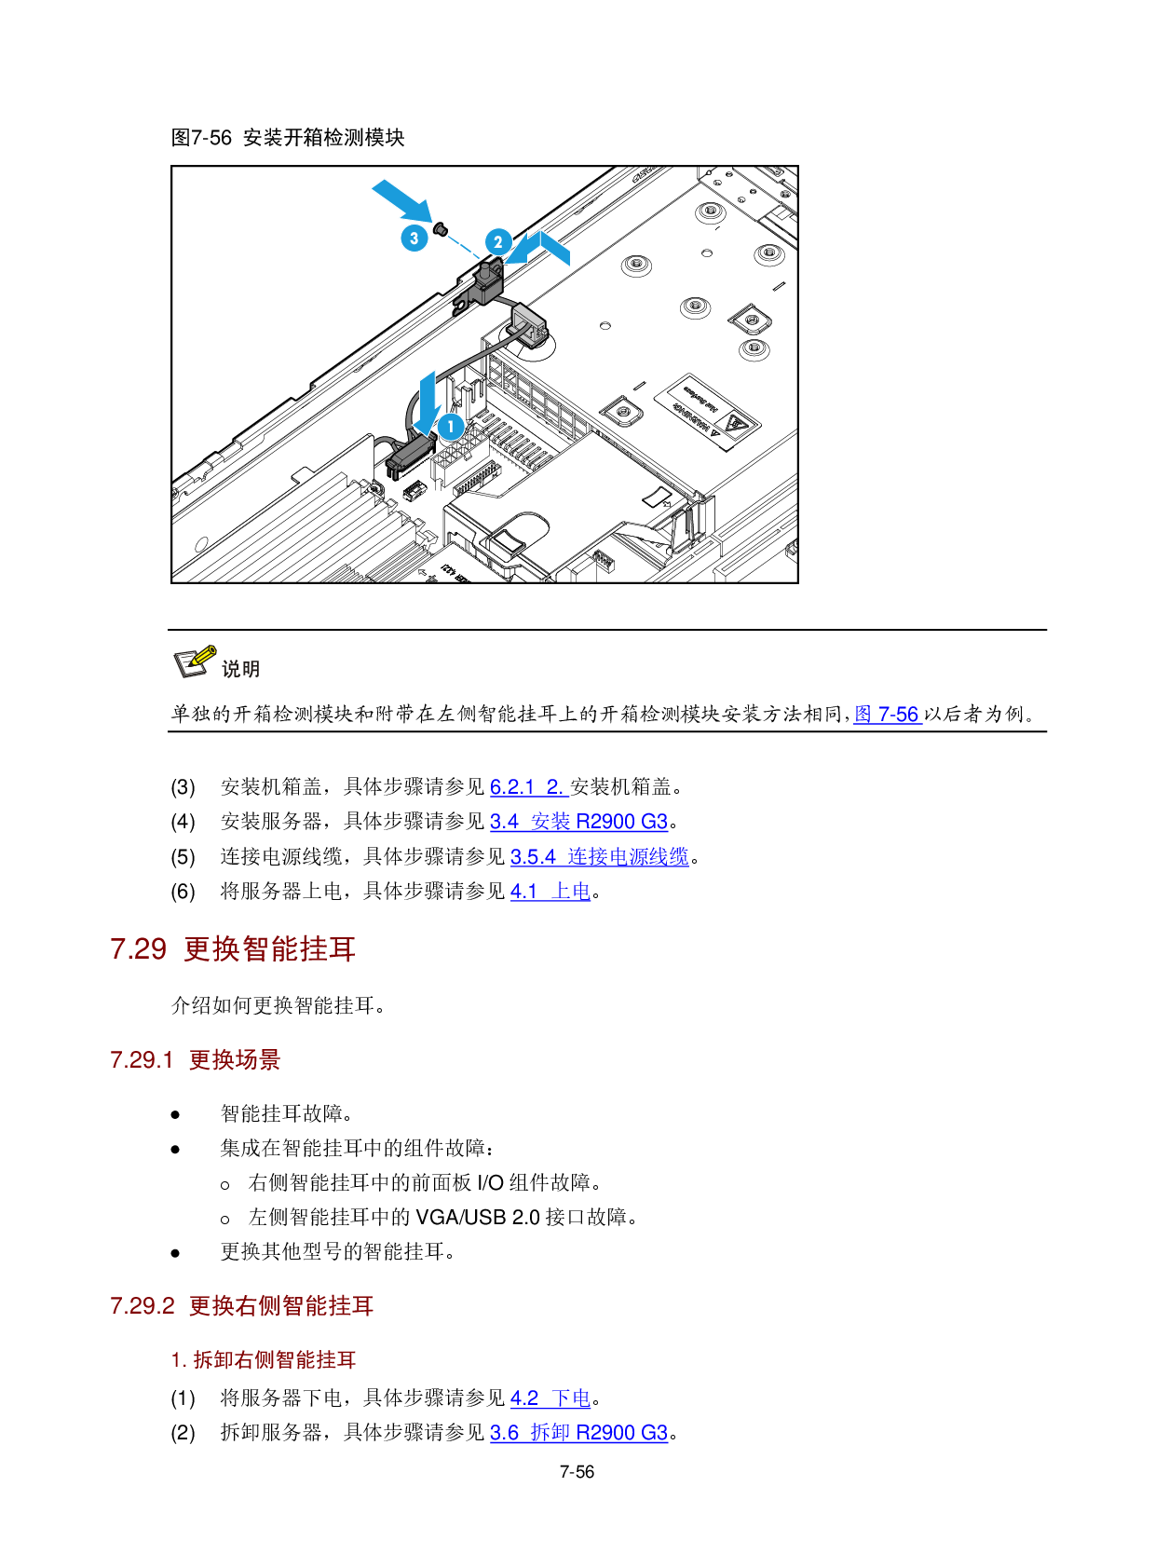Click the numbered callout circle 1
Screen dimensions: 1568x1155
[x=451, y=427]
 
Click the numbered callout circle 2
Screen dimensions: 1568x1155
[x=498, y=242]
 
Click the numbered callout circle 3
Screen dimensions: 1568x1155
[x=414, y=238]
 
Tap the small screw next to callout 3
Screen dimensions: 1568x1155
[x=442, y=228]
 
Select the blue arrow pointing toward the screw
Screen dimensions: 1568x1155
[x=401, y=199]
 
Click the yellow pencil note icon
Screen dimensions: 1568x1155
[x=196, y=661]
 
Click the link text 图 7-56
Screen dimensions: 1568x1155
[x=888, y=715]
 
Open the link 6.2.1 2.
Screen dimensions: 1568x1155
[x=529, y=787]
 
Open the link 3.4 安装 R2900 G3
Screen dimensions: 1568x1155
[x=578, y=822]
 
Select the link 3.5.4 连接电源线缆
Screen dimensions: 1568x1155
[x=599, y=857]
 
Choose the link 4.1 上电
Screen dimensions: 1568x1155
[x=550, y=892]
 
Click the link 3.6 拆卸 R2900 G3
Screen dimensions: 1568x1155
[x=578, y=1433]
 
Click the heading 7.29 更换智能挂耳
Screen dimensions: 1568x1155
[x=233, y=949]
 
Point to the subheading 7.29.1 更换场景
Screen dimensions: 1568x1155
[x=195, y=1060]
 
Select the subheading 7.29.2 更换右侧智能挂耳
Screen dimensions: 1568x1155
[x=241, y=1306]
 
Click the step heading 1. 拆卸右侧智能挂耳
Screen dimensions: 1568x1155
[x=264, y=1360]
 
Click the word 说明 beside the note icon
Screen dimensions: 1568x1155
[x=240, y=669]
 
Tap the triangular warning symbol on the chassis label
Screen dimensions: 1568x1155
[x=736, y=426]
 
